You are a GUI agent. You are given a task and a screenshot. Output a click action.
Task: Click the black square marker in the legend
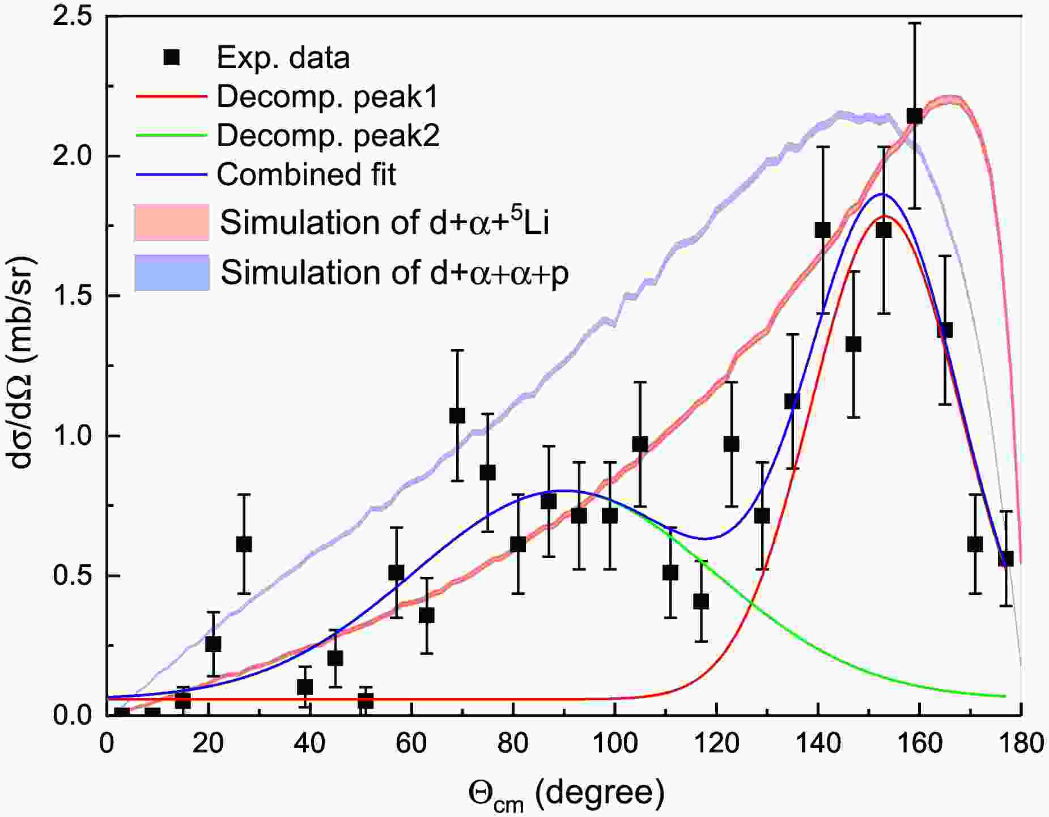click(171, 57)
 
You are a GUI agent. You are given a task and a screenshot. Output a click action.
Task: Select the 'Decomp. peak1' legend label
click(328, 97)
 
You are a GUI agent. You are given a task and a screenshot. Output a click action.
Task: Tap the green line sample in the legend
click(171, 135)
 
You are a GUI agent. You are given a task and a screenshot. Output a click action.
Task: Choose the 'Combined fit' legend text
click(306, 174)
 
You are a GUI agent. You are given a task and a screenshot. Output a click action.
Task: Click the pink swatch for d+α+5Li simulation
click(172, 222)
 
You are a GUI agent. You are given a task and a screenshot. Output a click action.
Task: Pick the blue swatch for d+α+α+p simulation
click(172, 273)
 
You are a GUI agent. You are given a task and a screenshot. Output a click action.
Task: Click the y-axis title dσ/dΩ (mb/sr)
click(23, 363)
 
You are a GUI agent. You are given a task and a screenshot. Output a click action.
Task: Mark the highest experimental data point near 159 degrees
click(914, 116)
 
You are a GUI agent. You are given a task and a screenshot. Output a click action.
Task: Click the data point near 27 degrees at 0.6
click(244, 544)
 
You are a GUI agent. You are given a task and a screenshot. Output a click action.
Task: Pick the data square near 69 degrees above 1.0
click(457, 416)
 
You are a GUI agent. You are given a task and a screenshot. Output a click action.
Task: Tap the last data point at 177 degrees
click(1006, 559)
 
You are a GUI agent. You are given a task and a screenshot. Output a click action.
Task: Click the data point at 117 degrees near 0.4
click(701, 601)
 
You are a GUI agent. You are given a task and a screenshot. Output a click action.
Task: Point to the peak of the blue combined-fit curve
click(883, 194)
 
